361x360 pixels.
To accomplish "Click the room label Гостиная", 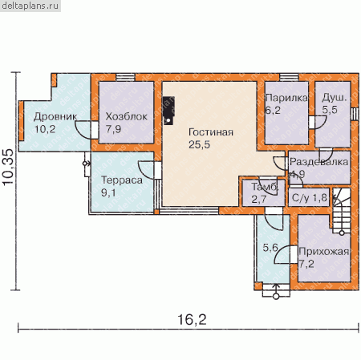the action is (211, 132).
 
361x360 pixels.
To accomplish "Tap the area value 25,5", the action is (199, 144).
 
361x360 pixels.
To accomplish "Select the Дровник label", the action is (55, 117).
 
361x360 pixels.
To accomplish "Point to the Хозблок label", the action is (126, 116).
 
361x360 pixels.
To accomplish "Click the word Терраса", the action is (122, 180).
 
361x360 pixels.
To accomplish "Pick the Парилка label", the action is (286, 98).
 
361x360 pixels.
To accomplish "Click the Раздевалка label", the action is (319, 162).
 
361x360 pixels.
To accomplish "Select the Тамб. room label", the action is (265, 187).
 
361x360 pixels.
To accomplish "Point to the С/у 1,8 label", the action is (310, 198).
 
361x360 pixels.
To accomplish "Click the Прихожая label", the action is (324, 252).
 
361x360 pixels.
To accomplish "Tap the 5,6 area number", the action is (270, 248).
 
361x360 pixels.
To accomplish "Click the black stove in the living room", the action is (168, 111).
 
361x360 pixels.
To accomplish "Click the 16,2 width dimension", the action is (192, 320).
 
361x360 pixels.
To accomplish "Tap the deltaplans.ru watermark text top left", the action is (30, 6).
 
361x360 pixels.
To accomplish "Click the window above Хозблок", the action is (125, 77).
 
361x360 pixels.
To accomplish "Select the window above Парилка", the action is (289, 77).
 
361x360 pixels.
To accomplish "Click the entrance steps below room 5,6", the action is (276, 290).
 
